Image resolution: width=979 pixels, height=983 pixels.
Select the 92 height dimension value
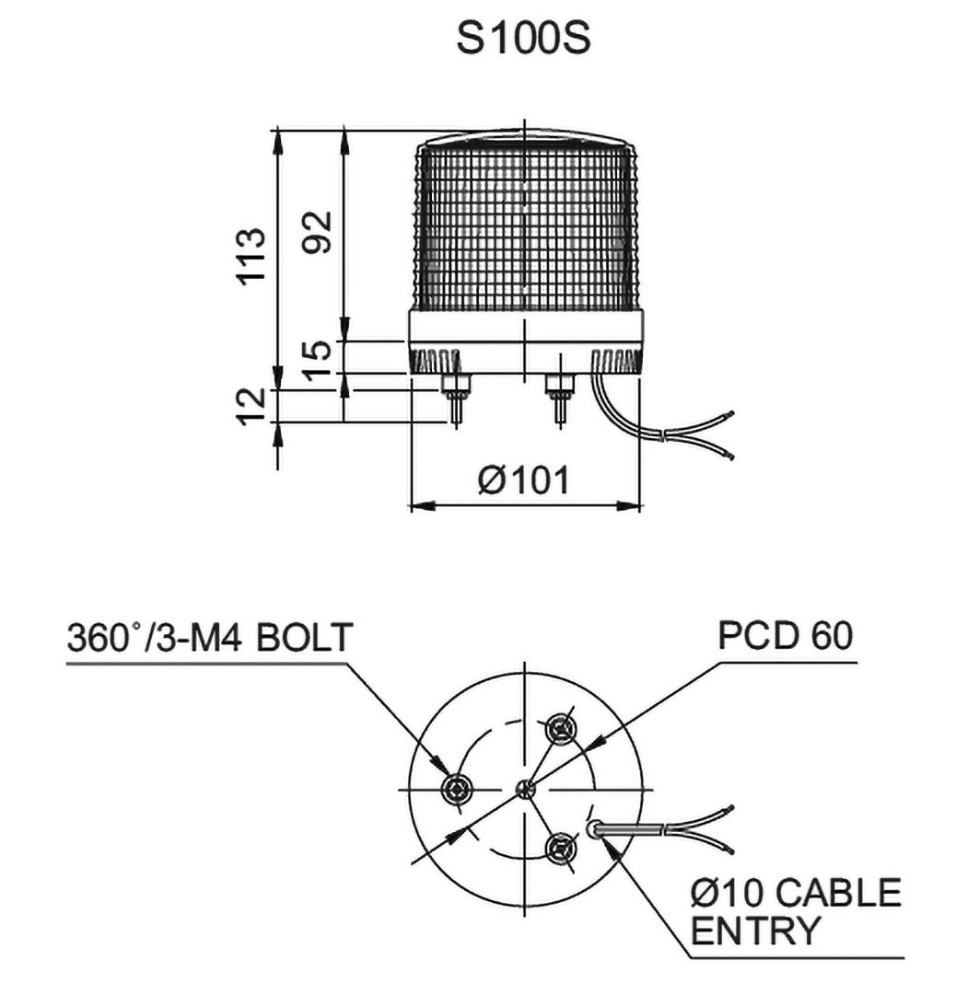click(317, 235)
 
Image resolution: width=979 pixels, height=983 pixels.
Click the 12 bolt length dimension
click(251, 406)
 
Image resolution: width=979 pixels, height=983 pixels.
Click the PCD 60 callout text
click(786, 636)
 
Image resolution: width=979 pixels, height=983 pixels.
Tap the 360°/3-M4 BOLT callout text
click(209, 637)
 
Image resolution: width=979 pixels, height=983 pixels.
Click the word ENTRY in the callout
click(754, 931)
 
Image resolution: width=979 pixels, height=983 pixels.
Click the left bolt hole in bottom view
click(458, 788)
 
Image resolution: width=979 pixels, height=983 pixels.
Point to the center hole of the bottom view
click(524, 788)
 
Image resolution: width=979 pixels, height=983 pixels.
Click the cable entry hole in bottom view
click(596, 830)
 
